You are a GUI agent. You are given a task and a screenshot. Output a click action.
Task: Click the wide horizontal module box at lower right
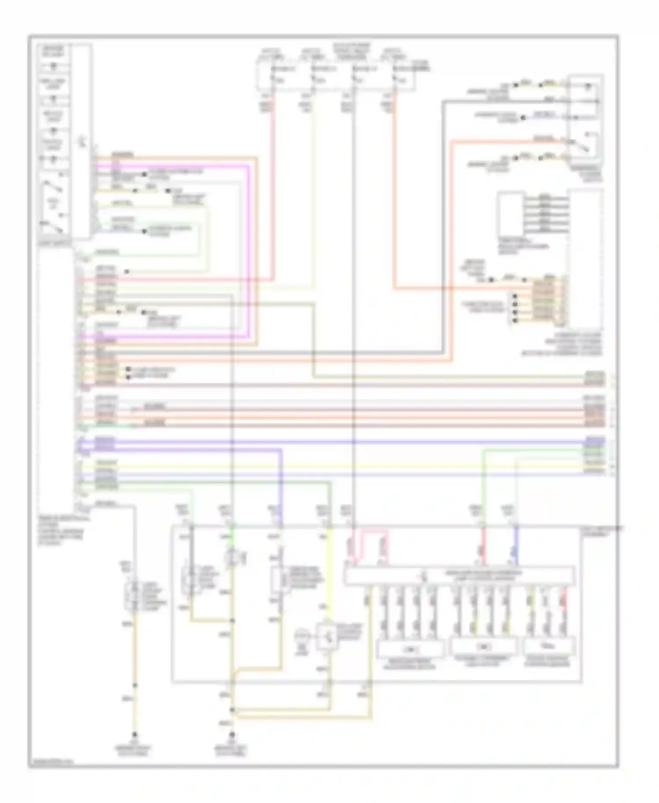click(459, 575)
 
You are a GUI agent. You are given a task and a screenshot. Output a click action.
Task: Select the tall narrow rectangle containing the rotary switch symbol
click(82, 141)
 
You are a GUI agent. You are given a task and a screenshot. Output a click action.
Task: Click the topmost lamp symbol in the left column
click(54, 67)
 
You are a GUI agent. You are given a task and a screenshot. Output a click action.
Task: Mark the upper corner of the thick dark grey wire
click(443, 102)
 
